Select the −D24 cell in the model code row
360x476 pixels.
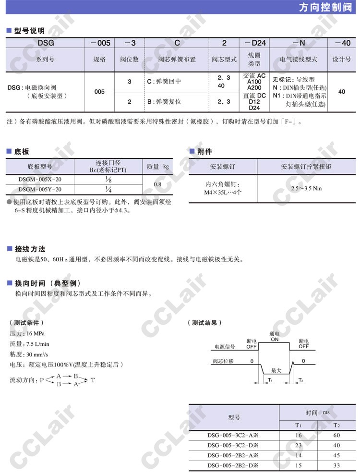pos(255,43)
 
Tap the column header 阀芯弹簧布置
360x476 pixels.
pos(177,60)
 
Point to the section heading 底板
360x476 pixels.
pos(22,151)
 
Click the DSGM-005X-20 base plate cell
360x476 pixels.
pos(40,179)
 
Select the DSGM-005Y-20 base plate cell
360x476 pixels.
pos(40,189)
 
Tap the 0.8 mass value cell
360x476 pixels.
pos(157,184)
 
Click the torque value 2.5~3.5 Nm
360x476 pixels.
pos(306,188)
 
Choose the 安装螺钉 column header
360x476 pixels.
pos(223,167)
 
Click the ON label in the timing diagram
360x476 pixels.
pos(275,339)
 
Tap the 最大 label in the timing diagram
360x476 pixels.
pos(276,370)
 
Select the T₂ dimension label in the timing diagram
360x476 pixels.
pos(301,380)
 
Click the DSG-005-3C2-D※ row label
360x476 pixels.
pos(233,445)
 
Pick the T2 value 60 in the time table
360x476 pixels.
pos(336,435)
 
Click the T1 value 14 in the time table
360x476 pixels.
pos(298,455)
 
